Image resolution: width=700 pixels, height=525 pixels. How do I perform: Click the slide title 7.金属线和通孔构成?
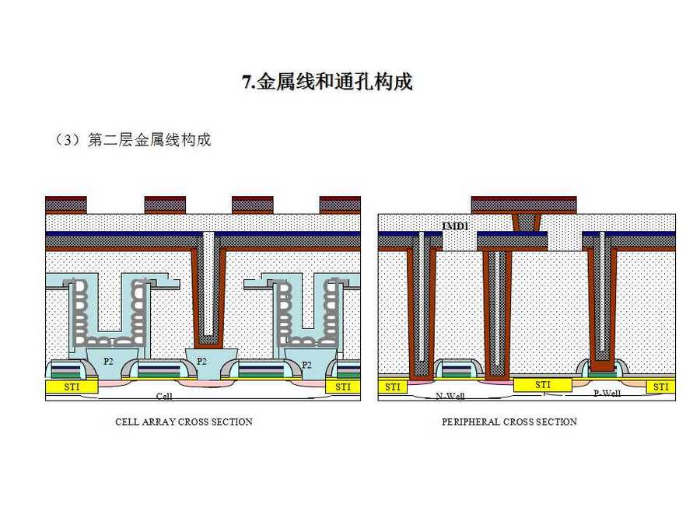327,82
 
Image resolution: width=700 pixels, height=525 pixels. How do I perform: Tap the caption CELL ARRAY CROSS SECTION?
184,422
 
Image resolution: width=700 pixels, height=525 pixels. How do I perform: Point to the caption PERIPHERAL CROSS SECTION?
509,422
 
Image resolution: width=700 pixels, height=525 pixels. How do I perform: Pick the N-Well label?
450,396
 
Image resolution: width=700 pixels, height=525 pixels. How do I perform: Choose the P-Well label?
607,393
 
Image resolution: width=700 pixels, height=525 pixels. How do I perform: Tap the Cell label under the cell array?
164,396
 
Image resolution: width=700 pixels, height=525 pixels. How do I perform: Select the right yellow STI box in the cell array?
342,387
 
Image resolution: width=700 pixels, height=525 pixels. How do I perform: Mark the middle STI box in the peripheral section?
543,385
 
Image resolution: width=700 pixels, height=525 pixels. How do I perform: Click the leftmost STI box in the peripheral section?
393,387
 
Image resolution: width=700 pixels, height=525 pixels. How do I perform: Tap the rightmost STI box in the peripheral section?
660,387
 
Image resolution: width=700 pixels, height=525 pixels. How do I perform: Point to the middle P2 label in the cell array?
201,361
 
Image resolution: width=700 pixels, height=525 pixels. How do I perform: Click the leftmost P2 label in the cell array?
108,361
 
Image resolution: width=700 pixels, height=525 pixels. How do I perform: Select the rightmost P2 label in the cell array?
306,364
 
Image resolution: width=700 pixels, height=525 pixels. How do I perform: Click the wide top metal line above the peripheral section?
523,205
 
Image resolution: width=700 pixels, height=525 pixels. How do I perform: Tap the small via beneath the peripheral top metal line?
527,222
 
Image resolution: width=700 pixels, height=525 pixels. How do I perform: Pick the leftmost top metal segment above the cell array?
65,205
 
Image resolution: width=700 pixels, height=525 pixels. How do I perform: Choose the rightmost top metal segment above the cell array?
340,205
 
